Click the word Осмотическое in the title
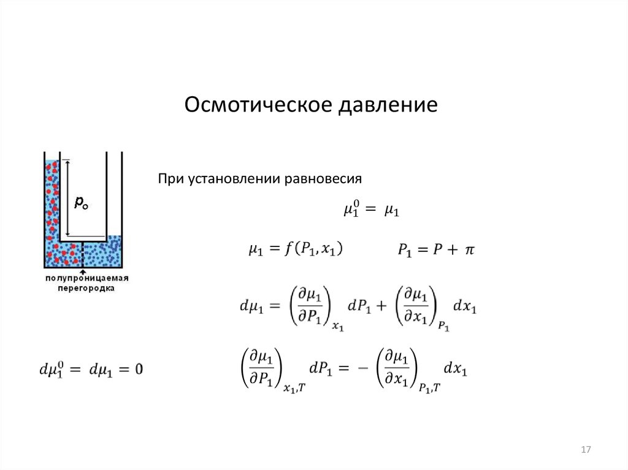[258, 105]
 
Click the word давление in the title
[388, 105]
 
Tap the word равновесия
[323, 179]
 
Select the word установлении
[234, 178]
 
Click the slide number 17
[586, 450]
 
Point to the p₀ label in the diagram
[81, 203]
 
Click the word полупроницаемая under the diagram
[86, 278]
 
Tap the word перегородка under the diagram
[86, 288]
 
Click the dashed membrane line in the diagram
[83, 255]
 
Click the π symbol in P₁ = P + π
[469, 250]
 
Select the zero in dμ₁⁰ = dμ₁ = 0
[139, 369]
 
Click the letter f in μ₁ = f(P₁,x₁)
[288, 248]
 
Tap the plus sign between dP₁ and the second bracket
[381, 306]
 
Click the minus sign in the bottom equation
[362, 368]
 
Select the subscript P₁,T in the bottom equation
[430, 387]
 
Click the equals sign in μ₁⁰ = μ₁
[371, 210]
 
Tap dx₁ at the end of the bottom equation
[456, 368]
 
